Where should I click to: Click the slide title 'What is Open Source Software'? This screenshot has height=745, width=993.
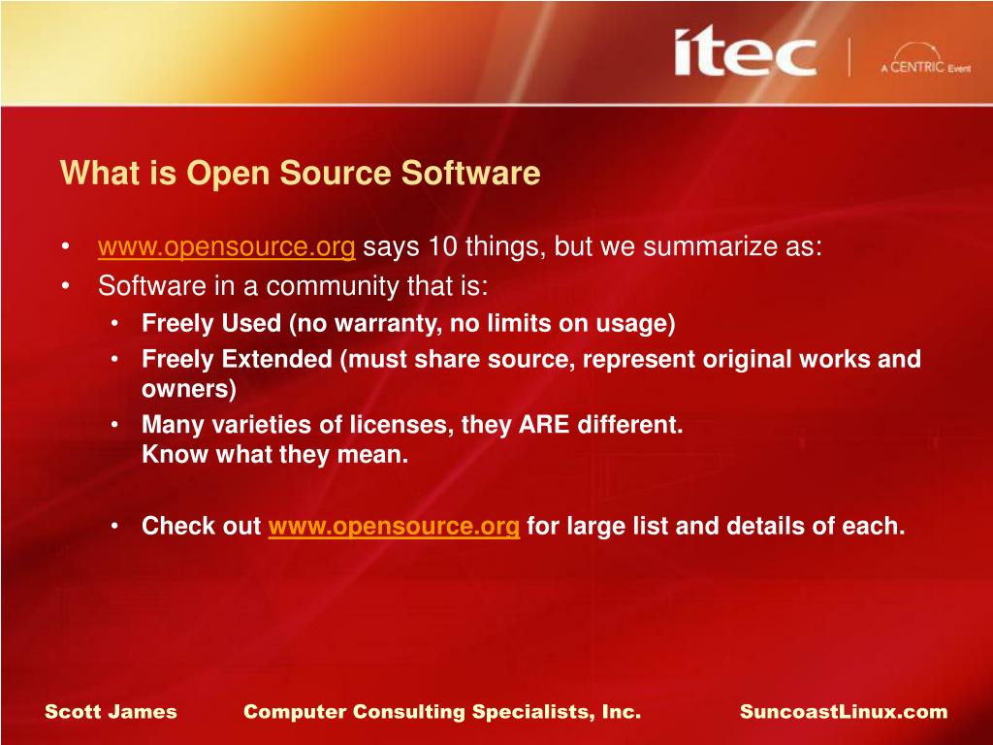pyautogui.click(x=300, y=174)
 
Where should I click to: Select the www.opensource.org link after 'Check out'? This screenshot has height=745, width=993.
pyautogui.click(x=394, y=527)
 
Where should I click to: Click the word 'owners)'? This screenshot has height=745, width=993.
pyautogui.click(x=189, y=389)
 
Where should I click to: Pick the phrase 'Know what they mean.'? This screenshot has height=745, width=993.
pyautogui.click(x=275, y=455)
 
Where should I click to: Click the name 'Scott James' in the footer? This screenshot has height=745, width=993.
pyautogui.click(x=111, y=712)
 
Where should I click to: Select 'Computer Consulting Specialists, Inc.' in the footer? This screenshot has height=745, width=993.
pyautogui.click(x=442, y=712)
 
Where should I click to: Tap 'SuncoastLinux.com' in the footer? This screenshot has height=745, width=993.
pyautogui.click(x=843, y=712)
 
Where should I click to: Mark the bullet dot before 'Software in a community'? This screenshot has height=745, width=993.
pyautogui.click(x=64, y=287)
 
